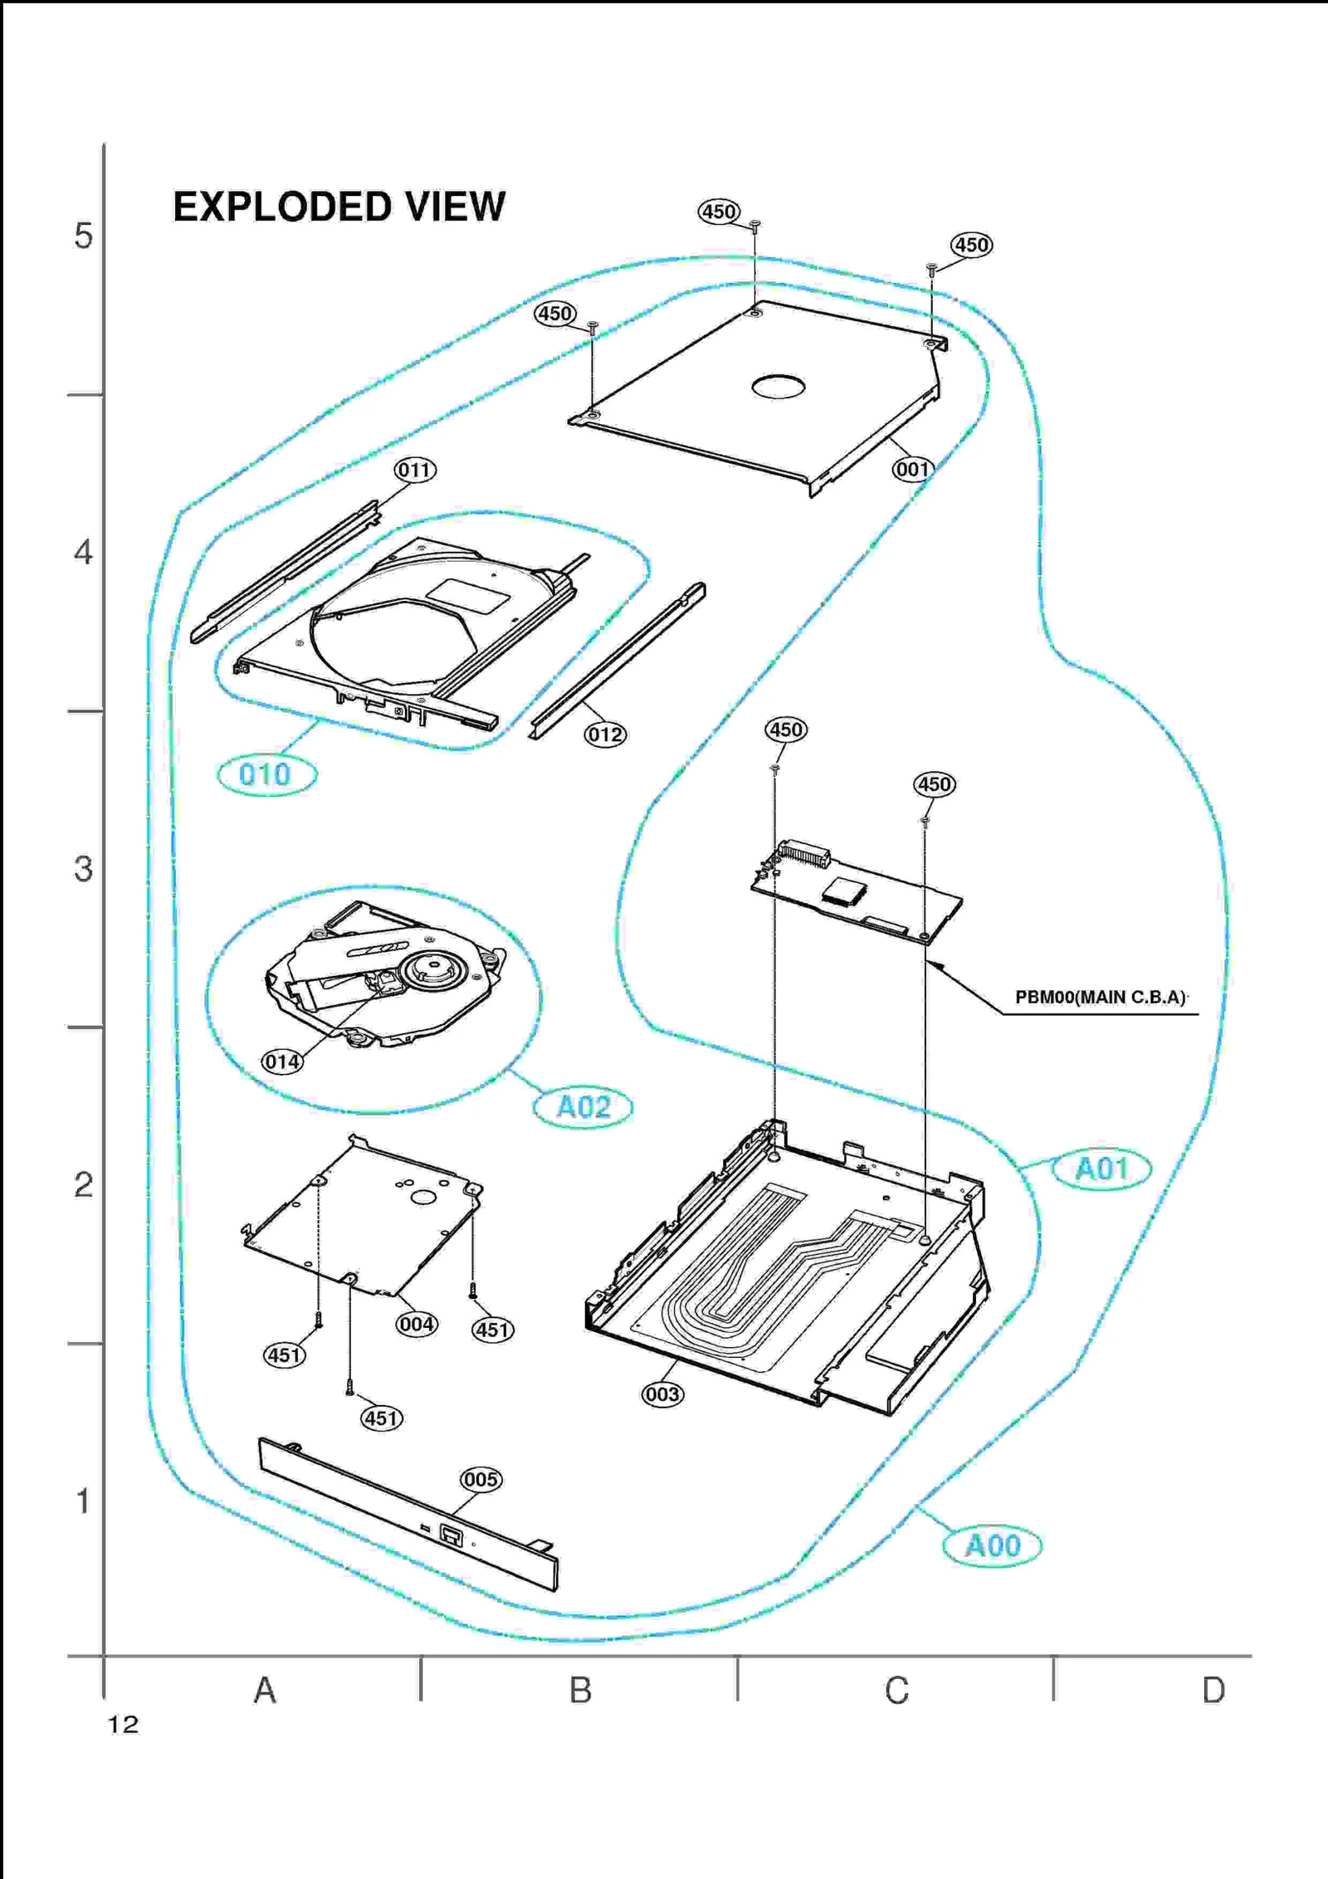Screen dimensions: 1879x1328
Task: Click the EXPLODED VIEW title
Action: point(339,207)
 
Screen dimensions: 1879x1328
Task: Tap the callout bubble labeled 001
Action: point(912,470)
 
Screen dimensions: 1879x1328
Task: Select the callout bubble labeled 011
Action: point(415,471)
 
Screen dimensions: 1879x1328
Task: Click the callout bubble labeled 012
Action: point(605,735)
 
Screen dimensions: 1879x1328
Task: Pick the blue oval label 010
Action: point(266,775)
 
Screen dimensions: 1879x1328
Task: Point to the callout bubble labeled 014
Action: point(282,1062)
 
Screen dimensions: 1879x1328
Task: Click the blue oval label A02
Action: point(583,1107)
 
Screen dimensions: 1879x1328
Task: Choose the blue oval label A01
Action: point(1101,1169)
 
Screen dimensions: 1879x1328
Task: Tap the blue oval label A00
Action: point(992,1545)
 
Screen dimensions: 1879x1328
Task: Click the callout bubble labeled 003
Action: point(662,1394)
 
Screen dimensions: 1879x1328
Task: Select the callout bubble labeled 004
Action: point(416,1324)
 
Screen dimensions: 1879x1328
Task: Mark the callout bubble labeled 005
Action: point(481,1480)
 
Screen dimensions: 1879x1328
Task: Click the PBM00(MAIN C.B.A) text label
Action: point(1100,998)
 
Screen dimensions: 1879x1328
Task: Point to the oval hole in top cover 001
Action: point(778,387)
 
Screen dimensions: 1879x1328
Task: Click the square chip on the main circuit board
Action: point(844,891)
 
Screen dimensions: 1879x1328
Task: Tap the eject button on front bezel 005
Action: point(452,1535)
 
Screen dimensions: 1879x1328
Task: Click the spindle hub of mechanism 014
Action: point(434,969)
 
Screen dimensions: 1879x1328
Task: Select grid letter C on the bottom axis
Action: point(896,1691)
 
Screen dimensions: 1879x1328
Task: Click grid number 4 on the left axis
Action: point(83,553)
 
